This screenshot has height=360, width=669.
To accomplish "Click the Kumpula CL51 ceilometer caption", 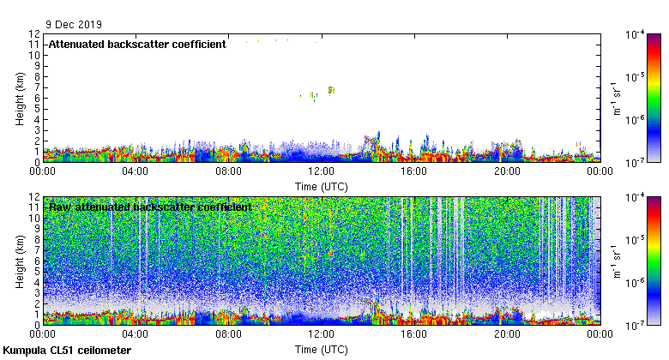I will [67, 351].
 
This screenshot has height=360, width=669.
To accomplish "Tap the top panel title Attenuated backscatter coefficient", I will [137, 44].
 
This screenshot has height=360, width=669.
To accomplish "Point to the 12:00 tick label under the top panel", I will [321, 171].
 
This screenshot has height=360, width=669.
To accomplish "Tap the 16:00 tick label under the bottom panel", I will [414, 333].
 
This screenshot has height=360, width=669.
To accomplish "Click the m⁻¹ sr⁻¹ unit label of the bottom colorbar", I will [614, 261].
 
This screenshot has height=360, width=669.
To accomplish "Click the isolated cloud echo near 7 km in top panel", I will [331, 89].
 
